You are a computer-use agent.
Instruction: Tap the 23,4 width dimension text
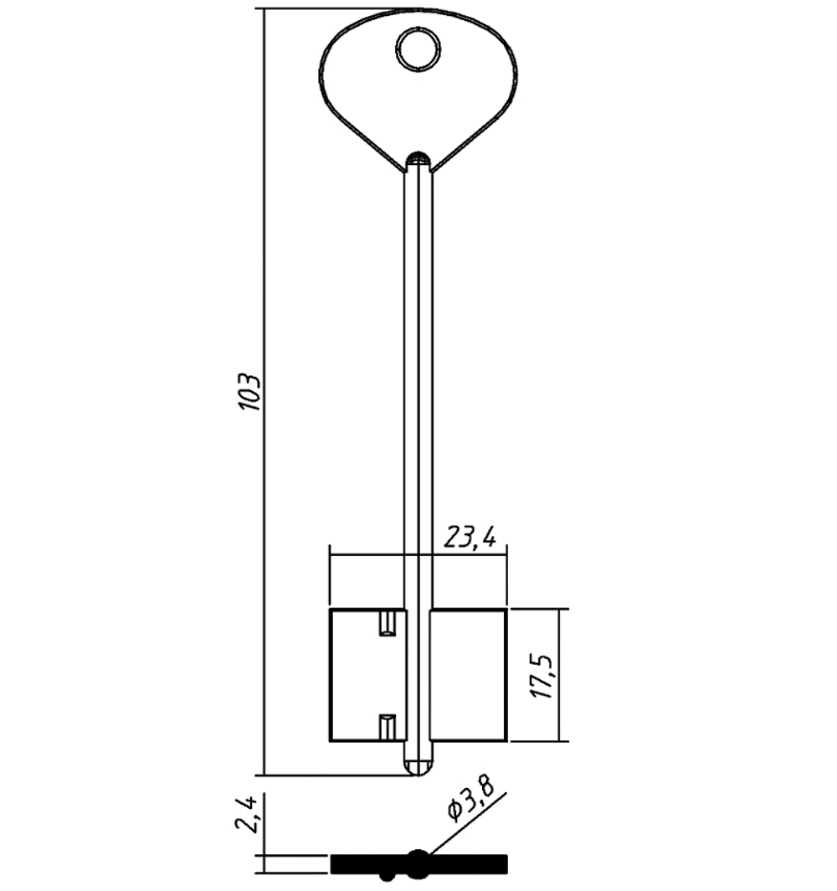pyautogui.click(x=470, y=537)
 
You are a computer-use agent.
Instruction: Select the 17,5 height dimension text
pyautogui.click(x=542, y=677)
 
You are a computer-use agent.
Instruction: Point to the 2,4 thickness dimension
pyautogui.click(x=247, y=814)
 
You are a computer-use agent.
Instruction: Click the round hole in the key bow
pyautogui.click(x=418, y=49)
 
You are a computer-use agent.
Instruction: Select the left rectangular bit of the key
pyautogui.click(x=368, y=675)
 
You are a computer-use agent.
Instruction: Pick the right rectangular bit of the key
pyautogui.click(x=468, y=675)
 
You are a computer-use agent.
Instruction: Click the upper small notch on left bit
pyautogui.click(x=388, y=623)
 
